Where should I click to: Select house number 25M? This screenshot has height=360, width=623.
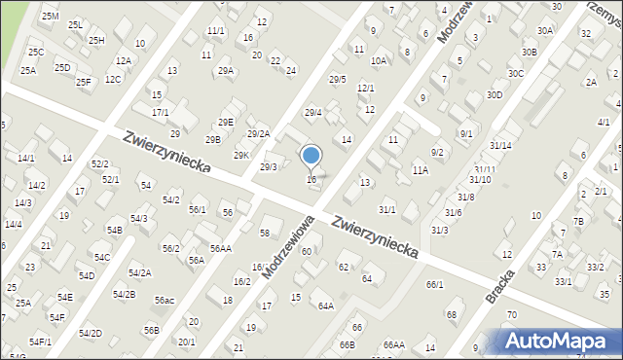click(50, 17)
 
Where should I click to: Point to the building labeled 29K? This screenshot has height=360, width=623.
click(240, 155)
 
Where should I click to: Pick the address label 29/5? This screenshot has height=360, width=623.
click(337, 79)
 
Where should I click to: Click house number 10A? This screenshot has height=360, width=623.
click(379, 60)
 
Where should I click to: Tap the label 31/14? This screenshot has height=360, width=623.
click(500, 145)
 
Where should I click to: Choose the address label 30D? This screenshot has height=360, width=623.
click(495, 94)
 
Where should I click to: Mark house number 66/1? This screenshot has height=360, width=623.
click(434, 284)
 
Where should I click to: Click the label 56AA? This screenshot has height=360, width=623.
click(220, 249)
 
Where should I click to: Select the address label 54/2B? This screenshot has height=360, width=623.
click(125, 294)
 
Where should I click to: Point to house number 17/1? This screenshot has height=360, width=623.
click(160, 113)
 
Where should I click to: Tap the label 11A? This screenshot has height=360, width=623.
click(420, 170)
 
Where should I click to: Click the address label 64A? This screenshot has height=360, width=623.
click(325, 306)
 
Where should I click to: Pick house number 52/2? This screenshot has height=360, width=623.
click(99, 164)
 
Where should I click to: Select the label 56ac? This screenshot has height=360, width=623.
click(164, 301)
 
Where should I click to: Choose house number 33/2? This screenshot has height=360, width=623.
click(595, 266)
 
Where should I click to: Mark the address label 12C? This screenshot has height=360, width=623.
click(113, 80)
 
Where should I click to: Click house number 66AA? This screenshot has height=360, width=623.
click(393, 344)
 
